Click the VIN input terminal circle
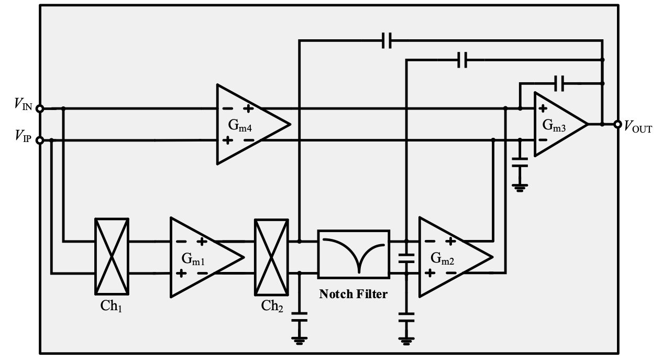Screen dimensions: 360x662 click(x=40, y=108)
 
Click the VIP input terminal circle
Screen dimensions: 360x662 click(x=40, y=140)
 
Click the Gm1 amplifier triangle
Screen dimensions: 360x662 click(x=202, y=257)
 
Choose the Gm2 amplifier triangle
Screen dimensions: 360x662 click(x=450, y=257)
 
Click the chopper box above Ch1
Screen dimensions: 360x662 click(x=112, y=257)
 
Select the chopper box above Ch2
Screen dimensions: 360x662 click(x=271, y=257)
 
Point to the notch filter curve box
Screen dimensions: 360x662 click(x=353, y=254)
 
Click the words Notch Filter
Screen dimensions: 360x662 click(x=354, y=294)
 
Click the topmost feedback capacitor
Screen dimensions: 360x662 click(x=387, y=40)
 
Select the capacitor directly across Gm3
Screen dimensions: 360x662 click(x=559, y=82)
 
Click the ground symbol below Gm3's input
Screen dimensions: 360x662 click(x=520, y=187)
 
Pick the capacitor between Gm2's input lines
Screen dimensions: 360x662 click(x=406, y=257)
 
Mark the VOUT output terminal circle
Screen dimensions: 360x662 click(x=614, y=124)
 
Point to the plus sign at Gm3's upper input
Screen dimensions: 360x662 click(x=543, y=109)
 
